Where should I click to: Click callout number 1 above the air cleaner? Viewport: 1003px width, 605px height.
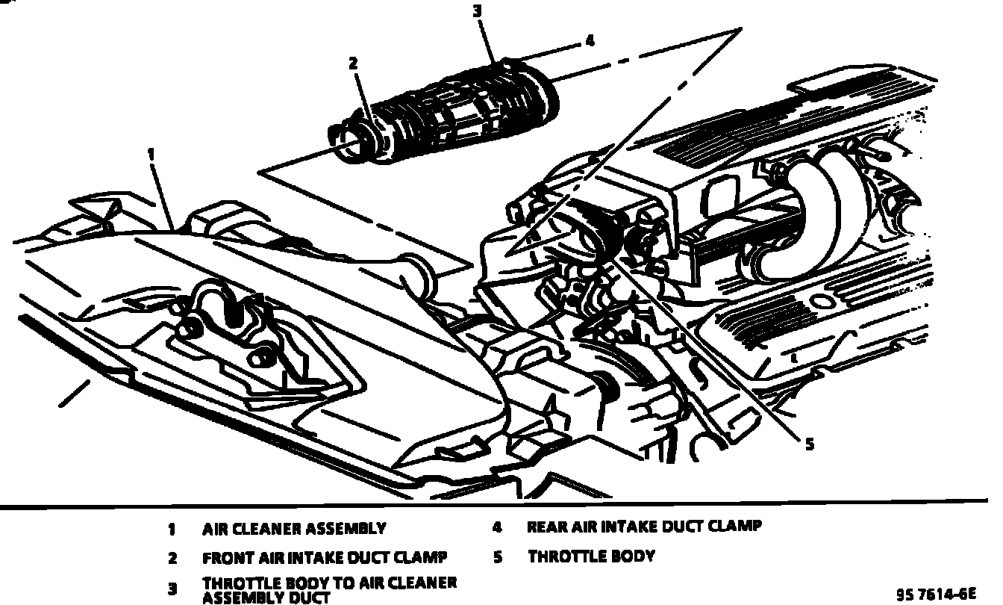pos(151,154)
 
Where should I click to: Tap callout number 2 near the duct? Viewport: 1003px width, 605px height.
pos(353,64)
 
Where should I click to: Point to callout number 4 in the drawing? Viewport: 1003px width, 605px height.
pos(590,41)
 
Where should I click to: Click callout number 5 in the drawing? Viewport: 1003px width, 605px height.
pos(809,444)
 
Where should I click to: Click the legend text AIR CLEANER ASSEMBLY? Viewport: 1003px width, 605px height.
pos(294,529)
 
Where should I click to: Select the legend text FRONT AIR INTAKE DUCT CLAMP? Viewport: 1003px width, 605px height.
pos(325,558)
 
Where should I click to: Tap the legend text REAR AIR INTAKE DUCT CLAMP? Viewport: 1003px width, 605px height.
pos(645,527)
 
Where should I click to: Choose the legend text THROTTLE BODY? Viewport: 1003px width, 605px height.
pos(591,556)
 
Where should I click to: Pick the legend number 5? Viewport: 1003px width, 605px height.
pos(498,556)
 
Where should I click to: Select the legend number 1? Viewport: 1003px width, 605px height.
pos(172,530)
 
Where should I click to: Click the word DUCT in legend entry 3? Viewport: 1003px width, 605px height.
pos(306,597)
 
